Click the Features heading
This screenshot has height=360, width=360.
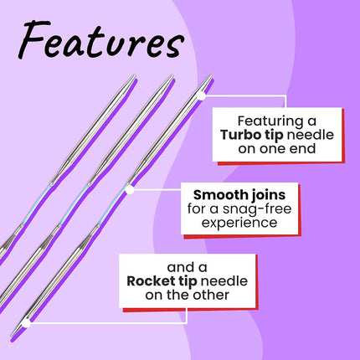click(100, 39)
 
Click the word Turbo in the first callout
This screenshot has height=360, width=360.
click(236, 135)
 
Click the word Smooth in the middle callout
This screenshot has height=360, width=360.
click(215, 195)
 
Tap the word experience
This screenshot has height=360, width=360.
click(239, 224)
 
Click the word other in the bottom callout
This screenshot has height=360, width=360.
click(213, 295)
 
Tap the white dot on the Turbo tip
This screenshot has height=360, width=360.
click(201, 95)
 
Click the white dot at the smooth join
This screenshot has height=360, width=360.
click(129, 190)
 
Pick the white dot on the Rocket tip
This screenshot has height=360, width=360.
click(26, 323)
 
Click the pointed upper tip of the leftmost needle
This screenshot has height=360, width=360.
click(135, 75)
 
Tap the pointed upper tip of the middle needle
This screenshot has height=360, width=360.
click(172, 75)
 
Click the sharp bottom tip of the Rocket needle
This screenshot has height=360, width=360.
click(12, 336)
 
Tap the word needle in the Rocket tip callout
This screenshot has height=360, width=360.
click(224, 281)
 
